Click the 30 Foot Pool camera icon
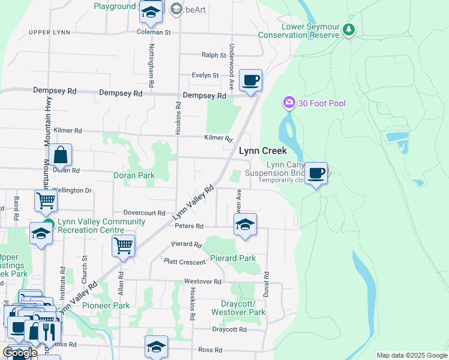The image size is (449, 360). click(289, 103)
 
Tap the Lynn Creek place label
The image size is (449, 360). click(263, 151)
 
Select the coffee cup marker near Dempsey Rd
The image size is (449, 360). click(250, 80)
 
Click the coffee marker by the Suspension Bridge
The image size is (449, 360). click(316, 173)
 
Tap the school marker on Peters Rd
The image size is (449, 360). click(244, 225)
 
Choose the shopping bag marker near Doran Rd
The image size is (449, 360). click(61, 155)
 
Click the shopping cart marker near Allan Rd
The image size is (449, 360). click(123, 245)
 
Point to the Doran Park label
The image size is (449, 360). click(134, 176)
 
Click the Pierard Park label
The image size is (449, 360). click(233, 259)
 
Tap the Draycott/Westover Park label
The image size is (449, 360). click(238, 308)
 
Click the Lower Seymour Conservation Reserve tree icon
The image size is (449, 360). click(349, 29)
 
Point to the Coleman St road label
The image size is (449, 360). click(154, 32)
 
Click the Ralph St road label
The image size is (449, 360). click(213, 55)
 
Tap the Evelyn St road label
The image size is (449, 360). click(205, 76)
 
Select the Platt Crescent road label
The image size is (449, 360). click(185, 261)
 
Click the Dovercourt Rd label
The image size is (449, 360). click(144, 213)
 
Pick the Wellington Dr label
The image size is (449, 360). click(73, 191)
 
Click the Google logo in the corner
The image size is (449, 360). click(20, 353)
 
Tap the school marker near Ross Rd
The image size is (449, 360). click(156, 346)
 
